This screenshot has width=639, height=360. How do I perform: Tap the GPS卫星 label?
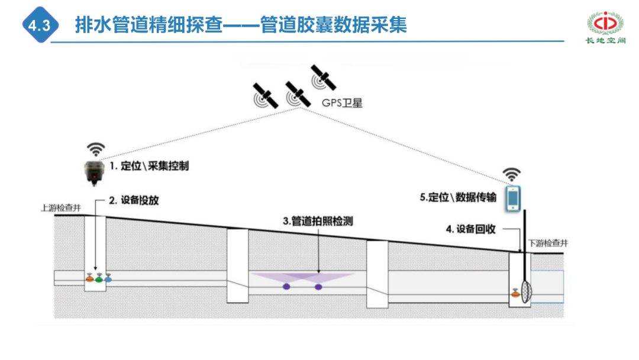click(342, 102)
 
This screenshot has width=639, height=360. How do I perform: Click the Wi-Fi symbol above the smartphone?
click(512, 175)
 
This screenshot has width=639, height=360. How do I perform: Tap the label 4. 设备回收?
click(472, 229)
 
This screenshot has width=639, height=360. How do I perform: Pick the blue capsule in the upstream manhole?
click(108, 277)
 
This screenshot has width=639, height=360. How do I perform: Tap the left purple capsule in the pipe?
click(286, 287)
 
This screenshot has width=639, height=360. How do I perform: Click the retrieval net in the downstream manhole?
click(526, 288)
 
